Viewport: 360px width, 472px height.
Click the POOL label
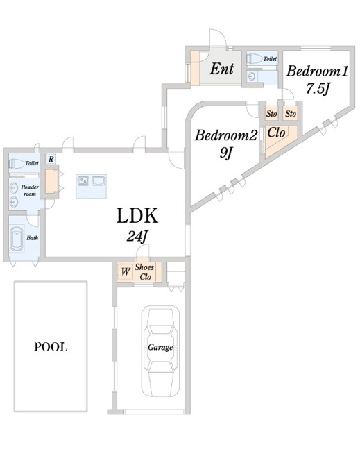[51, 347]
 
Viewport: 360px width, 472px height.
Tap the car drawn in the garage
[161, 351]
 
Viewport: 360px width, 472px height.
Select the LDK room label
[137, 216]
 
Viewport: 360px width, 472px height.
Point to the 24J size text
[137, 237]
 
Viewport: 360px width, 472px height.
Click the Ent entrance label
[222, 69]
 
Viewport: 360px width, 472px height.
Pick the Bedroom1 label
[317, 71]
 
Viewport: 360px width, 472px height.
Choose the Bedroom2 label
[226, 135]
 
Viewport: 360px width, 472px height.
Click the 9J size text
[225, 153]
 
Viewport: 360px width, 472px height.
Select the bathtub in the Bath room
[17, 239]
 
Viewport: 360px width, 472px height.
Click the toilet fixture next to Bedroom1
[254, 59]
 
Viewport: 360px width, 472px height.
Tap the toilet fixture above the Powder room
[17, 164]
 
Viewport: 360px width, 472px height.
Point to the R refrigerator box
[51, 159]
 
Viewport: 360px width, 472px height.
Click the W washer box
[125, 272]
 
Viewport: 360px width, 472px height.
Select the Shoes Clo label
[144, 272]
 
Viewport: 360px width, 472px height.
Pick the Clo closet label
[276, 133]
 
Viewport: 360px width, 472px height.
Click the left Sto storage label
[272, 114]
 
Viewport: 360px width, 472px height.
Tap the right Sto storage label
[291, 114]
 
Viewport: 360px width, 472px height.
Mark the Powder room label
[30, 191]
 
